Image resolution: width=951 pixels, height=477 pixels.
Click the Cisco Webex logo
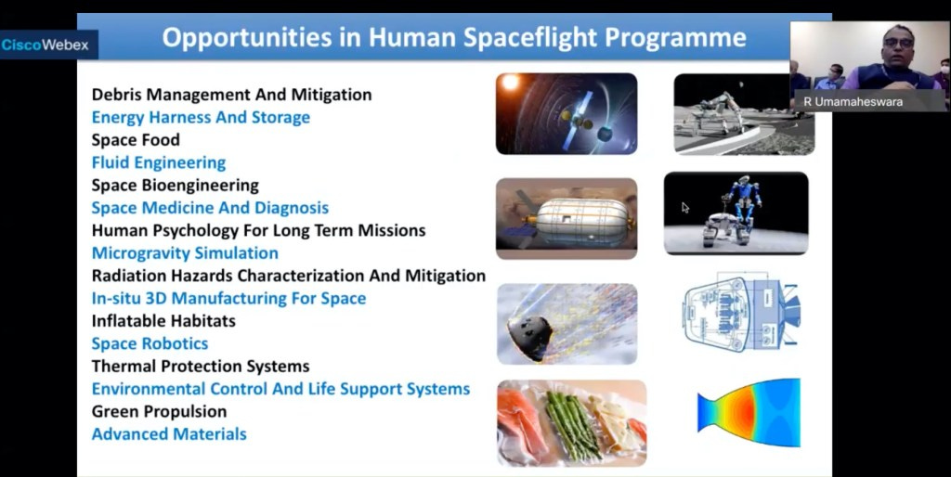(x=46, y=45)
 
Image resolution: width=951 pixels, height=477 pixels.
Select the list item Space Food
(x=136, y=140)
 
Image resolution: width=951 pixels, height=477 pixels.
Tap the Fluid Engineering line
(x=159, y=162)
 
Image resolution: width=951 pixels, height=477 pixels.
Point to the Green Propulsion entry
(x=160, y=411)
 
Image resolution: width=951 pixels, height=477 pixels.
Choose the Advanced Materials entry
(x=169, y=434)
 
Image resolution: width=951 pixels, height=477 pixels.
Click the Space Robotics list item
(x=150, y=343)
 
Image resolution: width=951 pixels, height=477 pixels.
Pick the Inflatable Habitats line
(x=163, y=320)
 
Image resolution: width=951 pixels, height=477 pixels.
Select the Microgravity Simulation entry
(x=185, y=252)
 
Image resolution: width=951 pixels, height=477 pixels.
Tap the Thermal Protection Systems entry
(x=201, y=366)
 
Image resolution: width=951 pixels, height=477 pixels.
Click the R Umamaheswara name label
(x=853, y=102)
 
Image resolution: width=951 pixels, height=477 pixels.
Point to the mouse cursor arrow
(x=685, y=208)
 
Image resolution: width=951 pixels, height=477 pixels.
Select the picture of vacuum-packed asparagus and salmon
(x=572, y=423)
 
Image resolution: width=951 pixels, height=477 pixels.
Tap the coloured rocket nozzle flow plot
(x=749, y=412)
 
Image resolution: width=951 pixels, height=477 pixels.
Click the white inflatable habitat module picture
(x=567, y=218)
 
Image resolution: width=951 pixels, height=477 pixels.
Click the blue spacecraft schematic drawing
(x=742, y=314)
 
